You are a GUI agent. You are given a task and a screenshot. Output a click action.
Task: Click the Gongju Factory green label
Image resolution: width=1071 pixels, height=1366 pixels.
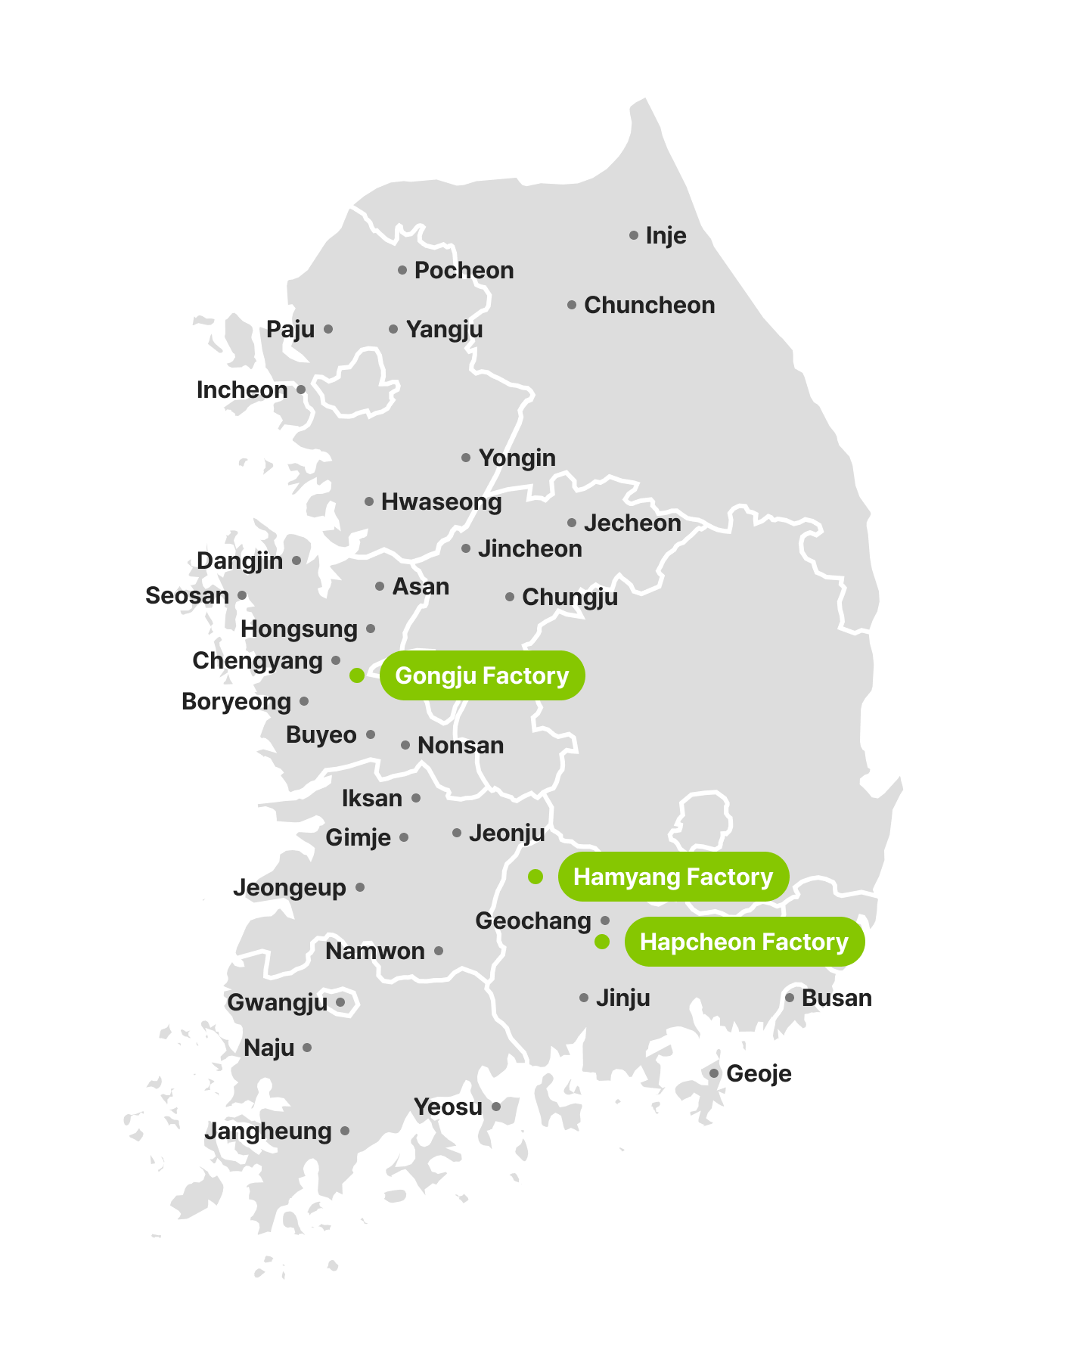point(482,675)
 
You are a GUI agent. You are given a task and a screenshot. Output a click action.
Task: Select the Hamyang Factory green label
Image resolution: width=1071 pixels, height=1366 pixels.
point(673,877)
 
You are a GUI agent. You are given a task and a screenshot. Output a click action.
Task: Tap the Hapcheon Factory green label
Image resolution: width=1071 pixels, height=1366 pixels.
point(744,942)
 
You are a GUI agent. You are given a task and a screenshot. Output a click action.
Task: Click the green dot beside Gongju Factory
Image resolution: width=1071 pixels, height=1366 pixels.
point(357,675)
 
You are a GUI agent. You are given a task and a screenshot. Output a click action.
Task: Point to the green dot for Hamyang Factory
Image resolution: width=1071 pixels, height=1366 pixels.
point(535,877)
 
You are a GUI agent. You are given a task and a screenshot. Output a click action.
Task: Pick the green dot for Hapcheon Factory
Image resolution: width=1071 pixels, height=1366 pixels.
point(602,942)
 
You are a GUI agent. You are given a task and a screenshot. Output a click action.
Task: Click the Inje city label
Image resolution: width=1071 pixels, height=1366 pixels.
point(666,236)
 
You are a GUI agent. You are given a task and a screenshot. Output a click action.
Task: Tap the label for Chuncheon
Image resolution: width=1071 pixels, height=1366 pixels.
point(649,306)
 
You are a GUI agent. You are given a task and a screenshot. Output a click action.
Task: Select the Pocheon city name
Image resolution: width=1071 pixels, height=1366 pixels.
point(464,271)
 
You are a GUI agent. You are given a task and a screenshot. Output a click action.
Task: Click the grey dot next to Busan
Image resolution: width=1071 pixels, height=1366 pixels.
point(790,998)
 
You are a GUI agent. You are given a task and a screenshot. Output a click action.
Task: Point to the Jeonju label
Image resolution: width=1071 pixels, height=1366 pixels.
point(507,834)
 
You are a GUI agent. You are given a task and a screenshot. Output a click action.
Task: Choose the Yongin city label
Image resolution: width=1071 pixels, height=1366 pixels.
point(517,458)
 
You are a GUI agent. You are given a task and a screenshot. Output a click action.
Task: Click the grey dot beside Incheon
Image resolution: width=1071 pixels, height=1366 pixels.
point(301,390)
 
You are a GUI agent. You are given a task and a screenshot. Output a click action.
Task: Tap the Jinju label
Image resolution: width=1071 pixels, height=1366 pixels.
point(622,998)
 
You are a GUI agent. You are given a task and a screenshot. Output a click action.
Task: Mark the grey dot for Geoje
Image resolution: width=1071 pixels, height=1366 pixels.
point(714,1073)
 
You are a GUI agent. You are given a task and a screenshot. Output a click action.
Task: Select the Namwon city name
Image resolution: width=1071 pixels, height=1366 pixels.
point(375,952)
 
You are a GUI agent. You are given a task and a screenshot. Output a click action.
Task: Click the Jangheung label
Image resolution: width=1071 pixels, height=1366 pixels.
point(268,1132)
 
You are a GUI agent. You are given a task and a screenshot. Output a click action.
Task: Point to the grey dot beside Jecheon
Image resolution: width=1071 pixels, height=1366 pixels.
point(572,523)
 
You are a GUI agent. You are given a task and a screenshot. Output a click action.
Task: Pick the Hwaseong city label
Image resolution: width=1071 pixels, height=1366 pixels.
point(441,502)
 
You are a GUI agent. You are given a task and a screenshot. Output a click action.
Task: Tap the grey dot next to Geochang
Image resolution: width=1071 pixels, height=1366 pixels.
point(605,920)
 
